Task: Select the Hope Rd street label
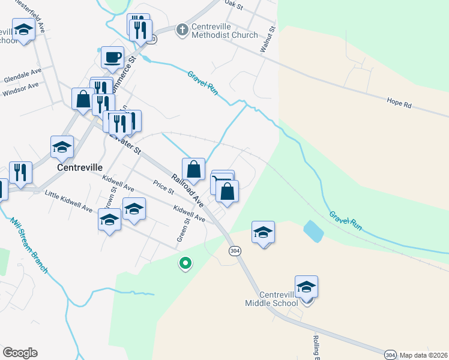[399, 103]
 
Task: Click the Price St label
[163, 188]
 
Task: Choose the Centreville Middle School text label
[271, 299]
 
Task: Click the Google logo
[20, 353]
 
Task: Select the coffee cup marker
[112, 58]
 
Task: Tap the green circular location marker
[185, 263]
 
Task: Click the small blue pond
[312, 229]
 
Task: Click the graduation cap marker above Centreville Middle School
[306, 287]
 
